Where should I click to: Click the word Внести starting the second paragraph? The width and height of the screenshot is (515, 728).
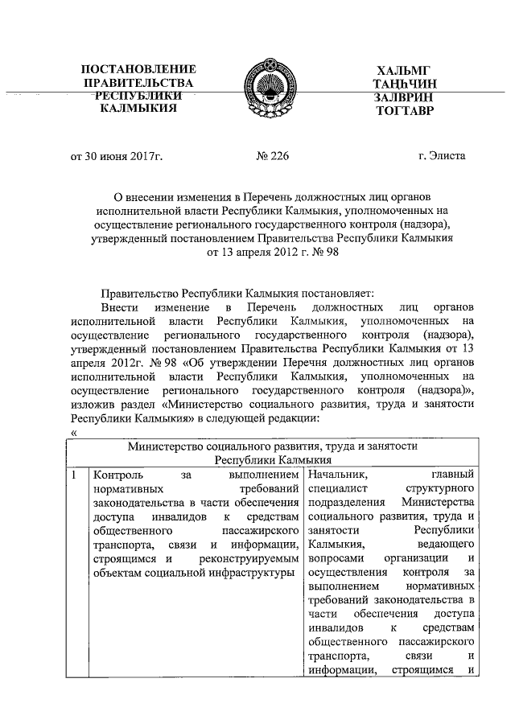pyautogui.click(x=120, y=307)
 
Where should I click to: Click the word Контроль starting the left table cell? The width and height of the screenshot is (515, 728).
pyautogui.click(x=118, y=476)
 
